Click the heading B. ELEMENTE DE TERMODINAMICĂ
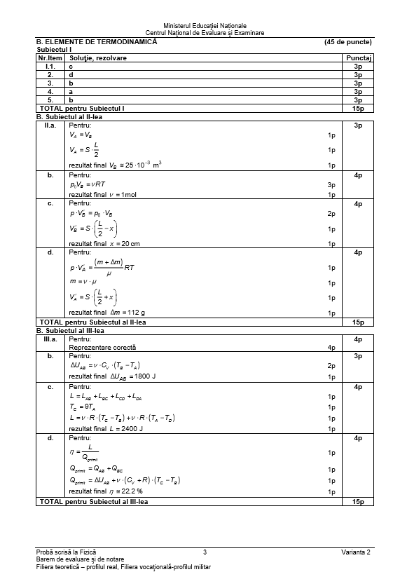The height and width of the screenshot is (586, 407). [97, 42]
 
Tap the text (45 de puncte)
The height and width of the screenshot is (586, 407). [348, 42]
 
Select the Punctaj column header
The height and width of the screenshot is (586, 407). [358, 57]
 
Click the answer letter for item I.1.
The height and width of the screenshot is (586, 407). [71, 65]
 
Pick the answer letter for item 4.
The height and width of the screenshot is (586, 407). [71, 91]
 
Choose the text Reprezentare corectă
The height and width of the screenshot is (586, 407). [102, 347]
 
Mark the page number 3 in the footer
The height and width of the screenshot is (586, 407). [204, 552]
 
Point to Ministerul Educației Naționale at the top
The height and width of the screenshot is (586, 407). [204, 25]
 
